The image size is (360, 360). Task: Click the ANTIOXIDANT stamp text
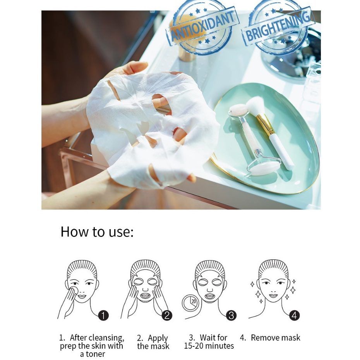(202, 27)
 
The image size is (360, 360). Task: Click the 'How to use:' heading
(97, 231)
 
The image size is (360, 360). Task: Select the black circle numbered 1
(103, 315)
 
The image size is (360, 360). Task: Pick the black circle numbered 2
(167, 315)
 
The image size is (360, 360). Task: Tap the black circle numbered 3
(231, 315)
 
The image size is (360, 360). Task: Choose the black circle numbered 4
(294, 315)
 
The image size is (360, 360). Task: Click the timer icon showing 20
(190, 303)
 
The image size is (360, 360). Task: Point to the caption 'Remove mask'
(276, 338)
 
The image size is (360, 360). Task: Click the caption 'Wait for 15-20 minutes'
(209, 342)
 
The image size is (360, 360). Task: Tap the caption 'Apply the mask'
(153, 342)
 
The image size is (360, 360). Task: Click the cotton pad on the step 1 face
(74, 292)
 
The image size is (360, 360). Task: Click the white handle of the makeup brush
(282, 152)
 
